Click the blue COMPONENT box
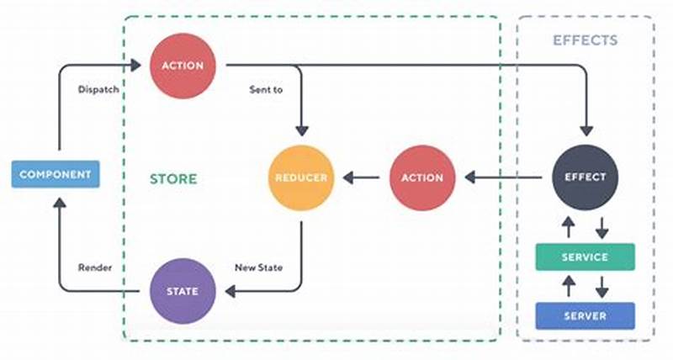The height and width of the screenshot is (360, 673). (56, 175)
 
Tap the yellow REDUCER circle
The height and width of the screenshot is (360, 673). (300, 177)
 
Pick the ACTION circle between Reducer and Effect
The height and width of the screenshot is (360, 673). (422, 177)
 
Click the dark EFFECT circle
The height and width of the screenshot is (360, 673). (585, 177)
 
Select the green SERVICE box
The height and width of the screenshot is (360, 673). (585, 257)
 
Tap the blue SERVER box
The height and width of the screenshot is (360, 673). (585, 315)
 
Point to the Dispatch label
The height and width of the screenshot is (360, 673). (98, 88)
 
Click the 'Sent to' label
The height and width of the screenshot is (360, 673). (265, 88)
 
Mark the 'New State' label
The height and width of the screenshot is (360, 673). (258, 267)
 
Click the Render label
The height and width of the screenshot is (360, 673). (95, 267)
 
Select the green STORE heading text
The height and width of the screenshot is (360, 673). (173, 178)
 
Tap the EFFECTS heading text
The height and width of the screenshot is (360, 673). (585, 40)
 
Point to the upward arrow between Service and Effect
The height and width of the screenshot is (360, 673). (570, 226)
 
